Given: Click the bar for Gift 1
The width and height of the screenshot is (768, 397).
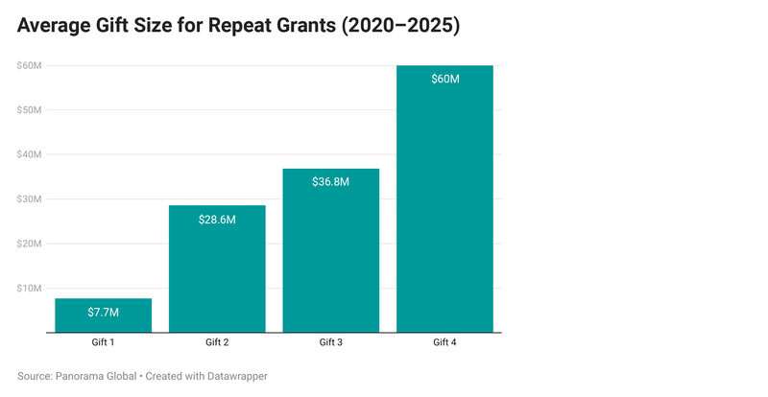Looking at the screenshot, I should point(103,316).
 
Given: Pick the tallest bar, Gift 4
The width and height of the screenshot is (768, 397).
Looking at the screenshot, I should point(445,201).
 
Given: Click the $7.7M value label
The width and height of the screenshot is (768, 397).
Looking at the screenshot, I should point(103,313).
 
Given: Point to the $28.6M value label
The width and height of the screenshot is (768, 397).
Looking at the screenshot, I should point(217,220).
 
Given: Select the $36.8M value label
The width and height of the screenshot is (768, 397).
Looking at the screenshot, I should point(331,182).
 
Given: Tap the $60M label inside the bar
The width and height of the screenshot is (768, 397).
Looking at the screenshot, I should point(445,79).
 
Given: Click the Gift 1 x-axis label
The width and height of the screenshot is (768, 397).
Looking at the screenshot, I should point(103,342).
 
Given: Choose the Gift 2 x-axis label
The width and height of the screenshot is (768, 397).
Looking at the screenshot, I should point(217,342).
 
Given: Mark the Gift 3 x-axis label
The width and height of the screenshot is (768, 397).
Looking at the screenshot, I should point(331,342).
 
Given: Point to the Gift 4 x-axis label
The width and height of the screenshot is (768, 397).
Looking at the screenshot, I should point(445,342).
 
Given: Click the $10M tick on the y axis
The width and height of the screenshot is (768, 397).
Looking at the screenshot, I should point(28,289).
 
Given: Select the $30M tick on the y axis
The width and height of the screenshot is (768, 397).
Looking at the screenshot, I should point(28,199).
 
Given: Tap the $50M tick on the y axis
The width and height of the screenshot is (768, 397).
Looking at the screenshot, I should point(28,109).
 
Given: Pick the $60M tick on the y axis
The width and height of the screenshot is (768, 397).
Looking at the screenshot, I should point(28,65).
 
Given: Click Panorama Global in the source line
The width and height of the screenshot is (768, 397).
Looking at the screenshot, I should point(96,376).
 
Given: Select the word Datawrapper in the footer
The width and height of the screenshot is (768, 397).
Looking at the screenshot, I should point(233,376).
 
